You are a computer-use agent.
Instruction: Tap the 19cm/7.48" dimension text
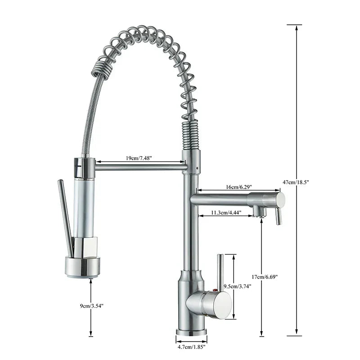coord(138,158)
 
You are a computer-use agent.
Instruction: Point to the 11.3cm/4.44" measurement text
coord(226,212)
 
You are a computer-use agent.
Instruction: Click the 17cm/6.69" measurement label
coord(265,277)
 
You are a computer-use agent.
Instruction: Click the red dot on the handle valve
coord(215,291)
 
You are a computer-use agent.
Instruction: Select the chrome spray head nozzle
coord(82,265)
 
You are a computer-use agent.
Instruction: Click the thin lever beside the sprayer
coord(65,218)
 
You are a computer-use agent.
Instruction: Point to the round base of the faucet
coord(192,333)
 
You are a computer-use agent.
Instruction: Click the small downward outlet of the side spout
coord(257,211)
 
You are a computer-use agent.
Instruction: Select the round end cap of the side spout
coord(280,199)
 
